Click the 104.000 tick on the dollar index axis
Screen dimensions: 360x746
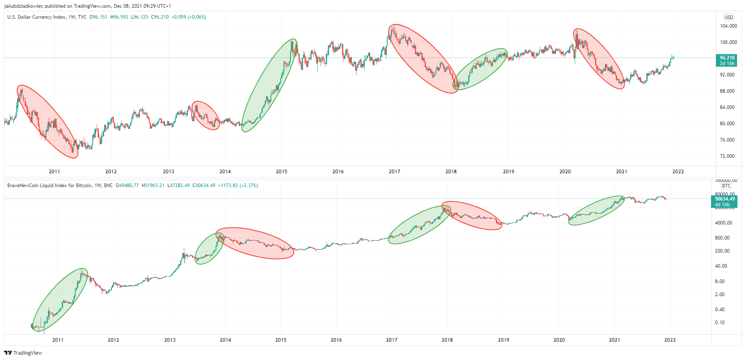click(x=728, y=26)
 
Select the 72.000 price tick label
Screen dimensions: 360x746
click(x=727, y=156)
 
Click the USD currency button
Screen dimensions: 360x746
click(x=729, y=17)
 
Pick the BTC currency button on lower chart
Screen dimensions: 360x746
click(x=726, y=186)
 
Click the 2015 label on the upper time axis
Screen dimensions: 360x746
click(x=281, y=172)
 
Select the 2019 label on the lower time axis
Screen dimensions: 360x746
click(x=504, y=340)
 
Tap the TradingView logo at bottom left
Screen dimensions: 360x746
click(x=23, y=353)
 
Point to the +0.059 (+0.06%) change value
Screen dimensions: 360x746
click(x=189, y=17)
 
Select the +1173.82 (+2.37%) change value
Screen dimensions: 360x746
click(x=238, y=185)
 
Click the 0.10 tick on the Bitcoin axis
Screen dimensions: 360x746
click(x=720, y=323)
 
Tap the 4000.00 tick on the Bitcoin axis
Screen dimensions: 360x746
click(x=723, y=223)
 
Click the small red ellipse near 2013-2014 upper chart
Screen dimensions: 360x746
click(x=205, y=115)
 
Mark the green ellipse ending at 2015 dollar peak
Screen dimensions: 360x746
click(x=269, y=85)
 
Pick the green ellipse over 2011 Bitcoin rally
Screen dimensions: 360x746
click(x=60, y=300)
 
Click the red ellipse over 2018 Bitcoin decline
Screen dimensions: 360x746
click(x=472, y=216)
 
